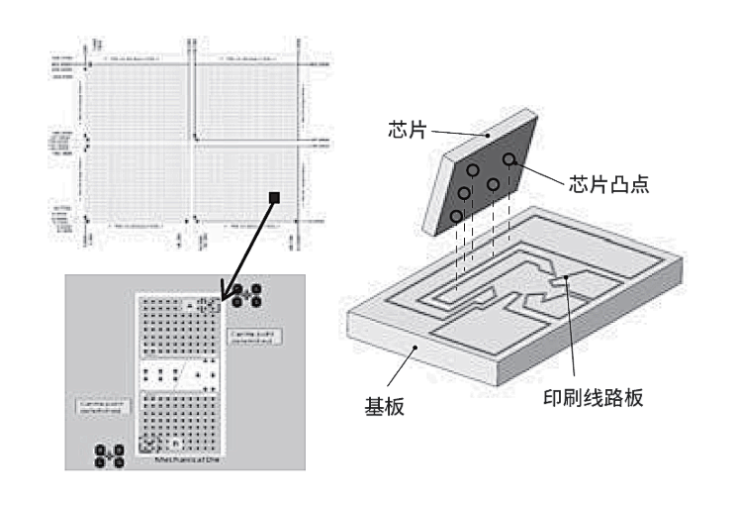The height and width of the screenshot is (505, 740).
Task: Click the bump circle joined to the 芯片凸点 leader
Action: [x=509, y=159]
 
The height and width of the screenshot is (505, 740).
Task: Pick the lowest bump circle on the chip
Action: [x=456, y=215]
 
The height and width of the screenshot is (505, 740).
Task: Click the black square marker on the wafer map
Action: [x=274, y=199]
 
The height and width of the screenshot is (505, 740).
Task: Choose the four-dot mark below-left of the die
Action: [x=109, y=457]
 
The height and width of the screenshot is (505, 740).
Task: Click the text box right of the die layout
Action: [x=254, y=341]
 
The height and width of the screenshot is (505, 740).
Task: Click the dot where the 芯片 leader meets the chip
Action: [x=488, y=135]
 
